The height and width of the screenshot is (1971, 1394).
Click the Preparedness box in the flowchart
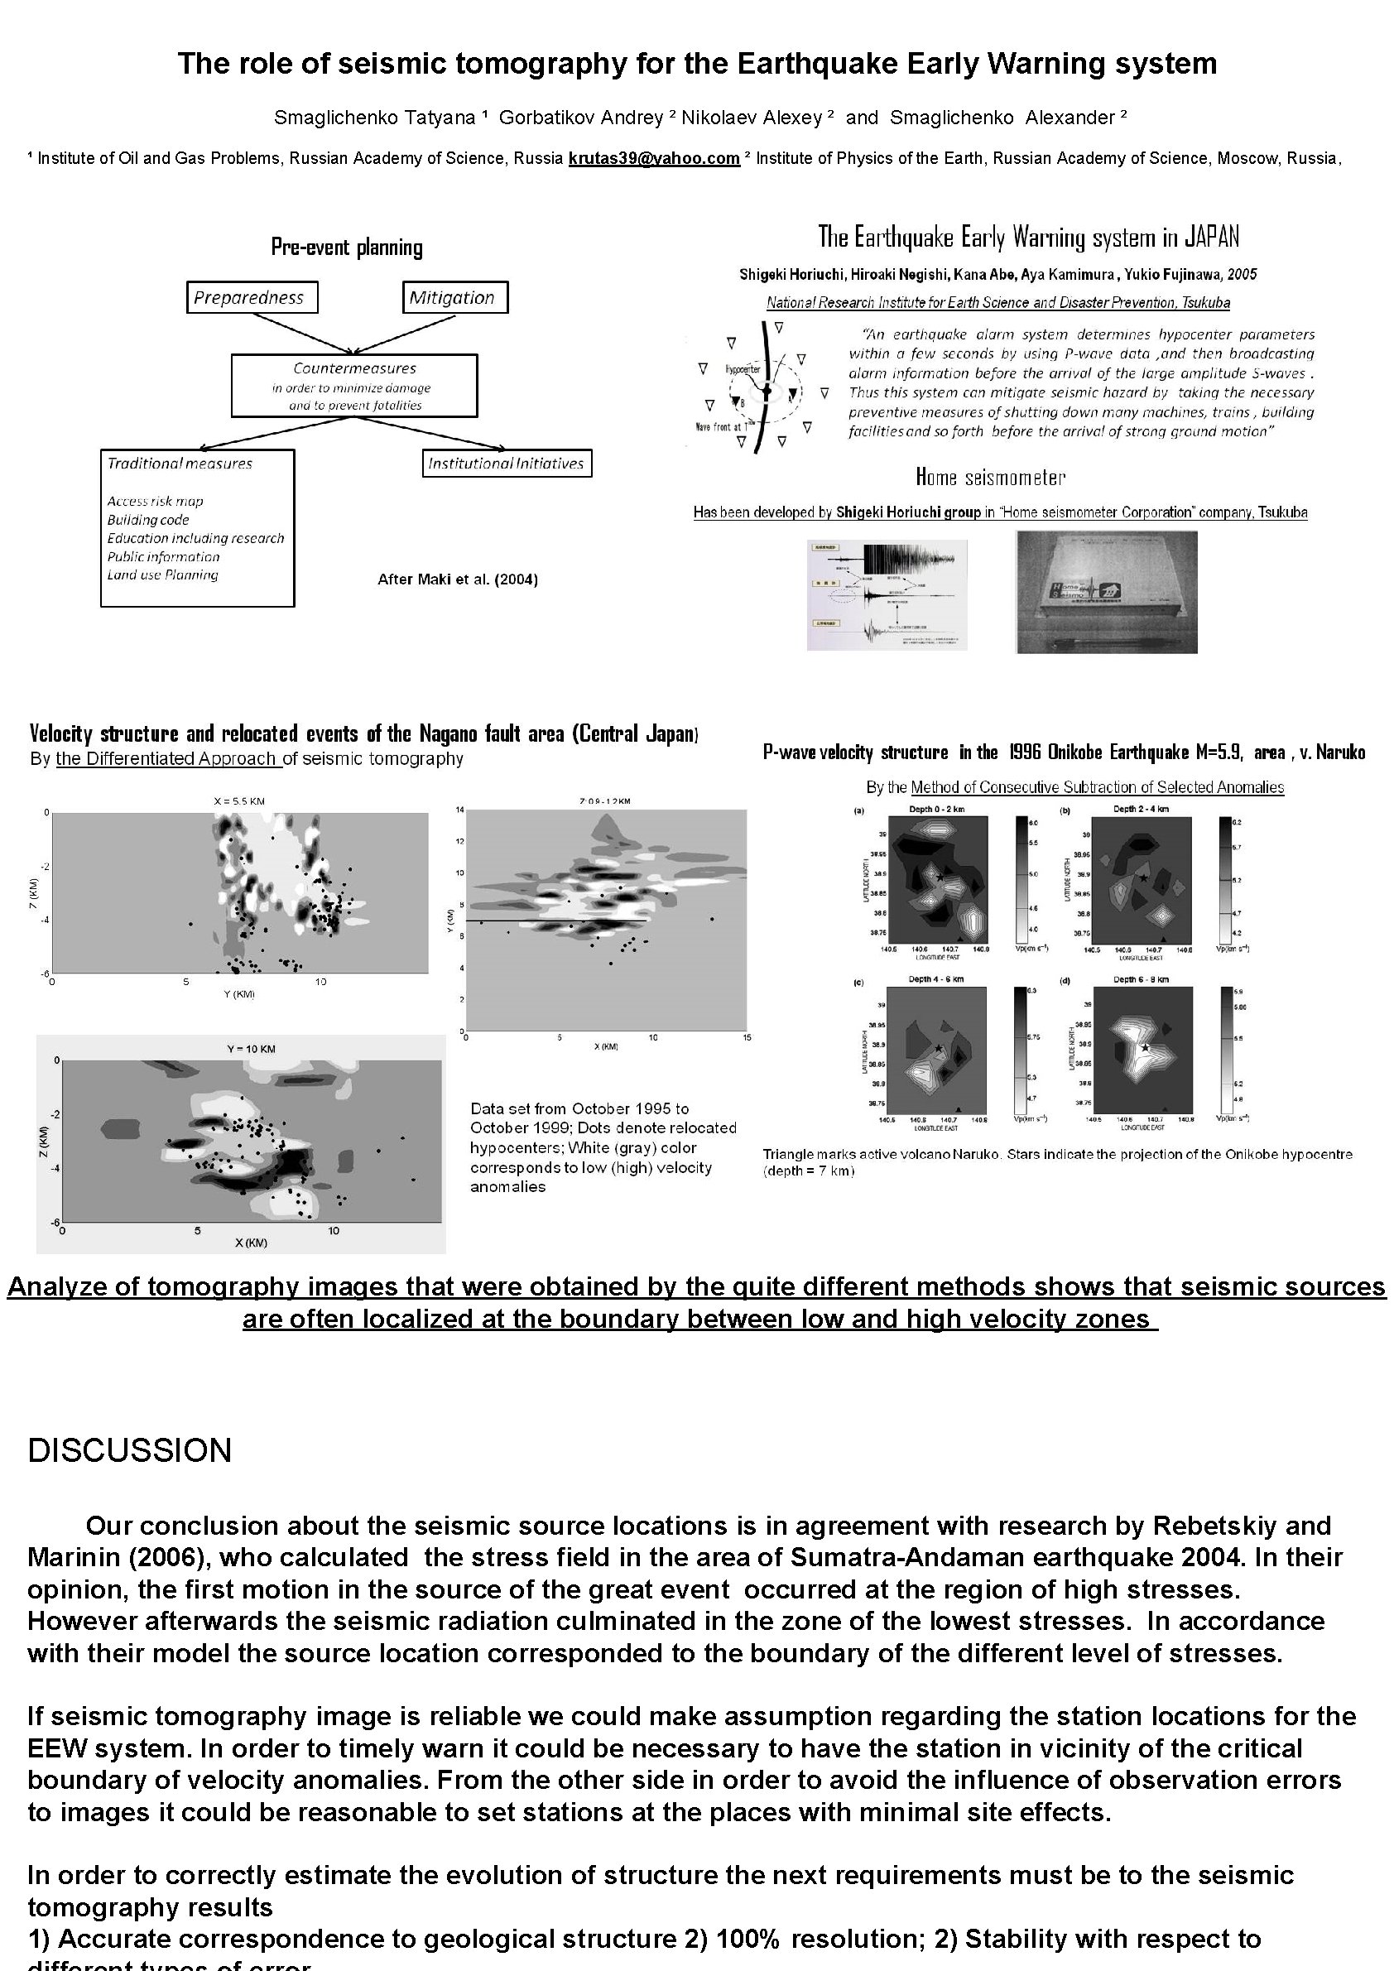252,297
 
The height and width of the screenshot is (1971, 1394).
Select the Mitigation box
454,297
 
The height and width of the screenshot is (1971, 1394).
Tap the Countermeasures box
353,386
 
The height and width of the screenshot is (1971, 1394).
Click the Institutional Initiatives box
506,464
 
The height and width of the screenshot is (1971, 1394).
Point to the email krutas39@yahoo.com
653,158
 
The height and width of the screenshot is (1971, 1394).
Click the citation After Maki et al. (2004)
458,579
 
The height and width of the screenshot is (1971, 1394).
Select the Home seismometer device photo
1106,592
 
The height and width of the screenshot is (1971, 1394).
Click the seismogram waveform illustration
887,595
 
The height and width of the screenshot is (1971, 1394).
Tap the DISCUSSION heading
130,1451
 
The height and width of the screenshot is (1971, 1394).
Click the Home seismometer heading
990,478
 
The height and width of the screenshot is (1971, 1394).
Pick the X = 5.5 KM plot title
239,801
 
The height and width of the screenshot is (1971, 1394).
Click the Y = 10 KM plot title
250,1049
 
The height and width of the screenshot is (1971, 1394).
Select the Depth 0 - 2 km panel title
937,809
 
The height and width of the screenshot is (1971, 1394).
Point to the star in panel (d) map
1145,1047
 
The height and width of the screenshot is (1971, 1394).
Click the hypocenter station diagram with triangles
759,387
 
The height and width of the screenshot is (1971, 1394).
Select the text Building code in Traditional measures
147,519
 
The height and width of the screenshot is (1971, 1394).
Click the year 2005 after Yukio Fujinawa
1241,275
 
